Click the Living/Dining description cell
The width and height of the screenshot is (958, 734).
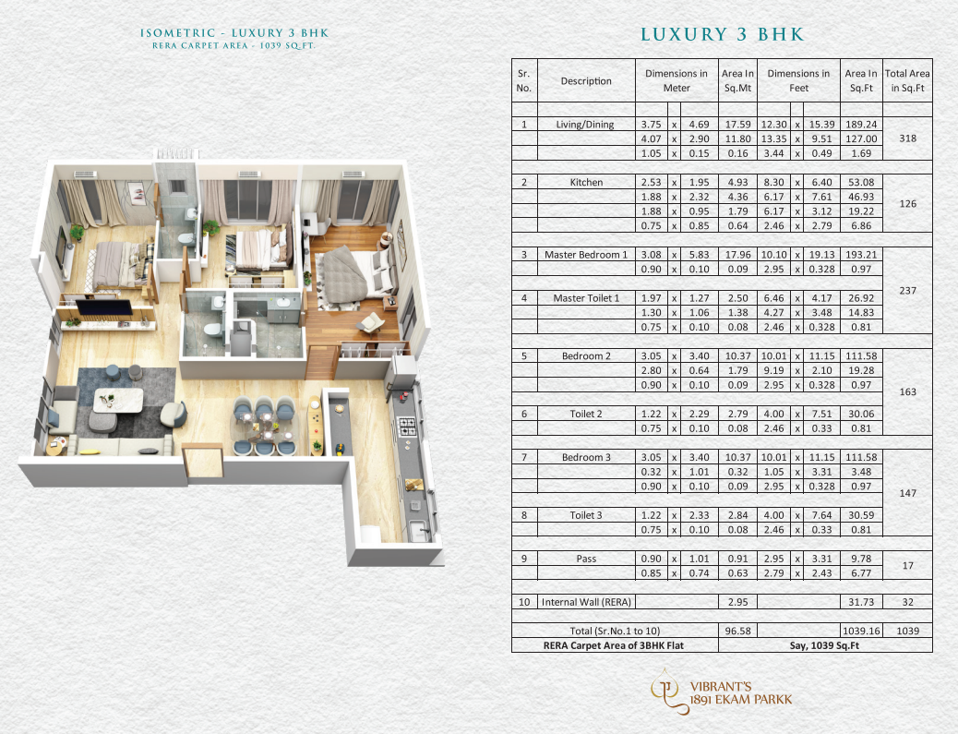585,125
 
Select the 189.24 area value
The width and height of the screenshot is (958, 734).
861,125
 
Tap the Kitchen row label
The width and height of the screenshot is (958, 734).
586,182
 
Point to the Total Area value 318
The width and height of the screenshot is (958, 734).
907,138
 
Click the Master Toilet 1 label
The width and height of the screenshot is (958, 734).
586,298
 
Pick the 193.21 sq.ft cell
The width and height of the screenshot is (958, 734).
861,255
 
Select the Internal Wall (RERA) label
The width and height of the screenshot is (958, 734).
586,602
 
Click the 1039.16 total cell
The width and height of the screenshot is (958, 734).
861,631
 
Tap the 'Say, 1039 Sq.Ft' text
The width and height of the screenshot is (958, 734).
824,645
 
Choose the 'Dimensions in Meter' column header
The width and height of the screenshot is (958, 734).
677,80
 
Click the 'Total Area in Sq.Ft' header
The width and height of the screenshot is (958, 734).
907,80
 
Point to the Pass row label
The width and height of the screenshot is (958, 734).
586,559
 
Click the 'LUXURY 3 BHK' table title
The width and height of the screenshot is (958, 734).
722,34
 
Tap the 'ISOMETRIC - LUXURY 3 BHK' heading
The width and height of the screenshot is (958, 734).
234,33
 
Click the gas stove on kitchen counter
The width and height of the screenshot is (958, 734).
408,426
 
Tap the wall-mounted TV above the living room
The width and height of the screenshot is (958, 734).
104,307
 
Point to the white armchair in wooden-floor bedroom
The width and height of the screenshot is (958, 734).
371,323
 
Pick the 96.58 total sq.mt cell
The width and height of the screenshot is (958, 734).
737,631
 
